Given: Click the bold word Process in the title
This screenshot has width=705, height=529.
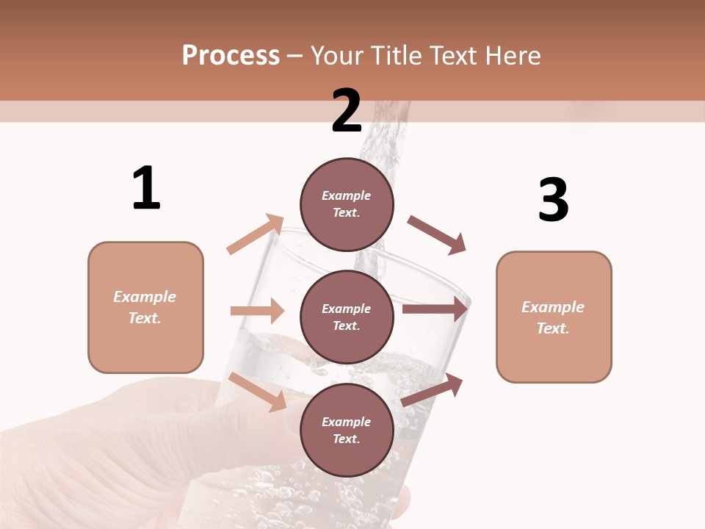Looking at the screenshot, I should [231, 55].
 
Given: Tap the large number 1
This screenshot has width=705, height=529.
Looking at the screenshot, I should [146, 189].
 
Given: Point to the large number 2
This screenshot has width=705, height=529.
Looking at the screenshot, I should [347, 111].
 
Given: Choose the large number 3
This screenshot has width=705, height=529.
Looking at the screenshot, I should [553, 200].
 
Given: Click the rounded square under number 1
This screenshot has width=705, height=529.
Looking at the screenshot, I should [145, 307].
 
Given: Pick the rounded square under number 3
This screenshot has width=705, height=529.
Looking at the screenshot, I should [554, 317].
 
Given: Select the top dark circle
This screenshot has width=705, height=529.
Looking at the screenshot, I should [347, 204].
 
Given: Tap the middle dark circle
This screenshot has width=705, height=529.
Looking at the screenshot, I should [347, 317].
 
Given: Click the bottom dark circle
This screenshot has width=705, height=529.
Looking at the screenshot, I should [347, 430].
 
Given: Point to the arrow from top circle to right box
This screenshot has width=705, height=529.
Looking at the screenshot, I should [437, 234].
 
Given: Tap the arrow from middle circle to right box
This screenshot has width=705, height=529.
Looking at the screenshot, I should [435, 309].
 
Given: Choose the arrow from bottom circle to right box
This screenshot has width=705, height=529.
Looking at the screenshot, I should [433, 390].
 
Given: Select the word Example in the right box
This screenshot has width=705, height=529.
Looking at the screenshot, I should [553, 307].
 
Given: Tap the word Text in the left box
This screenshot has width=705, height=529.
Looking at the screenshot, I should [144, 318].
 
